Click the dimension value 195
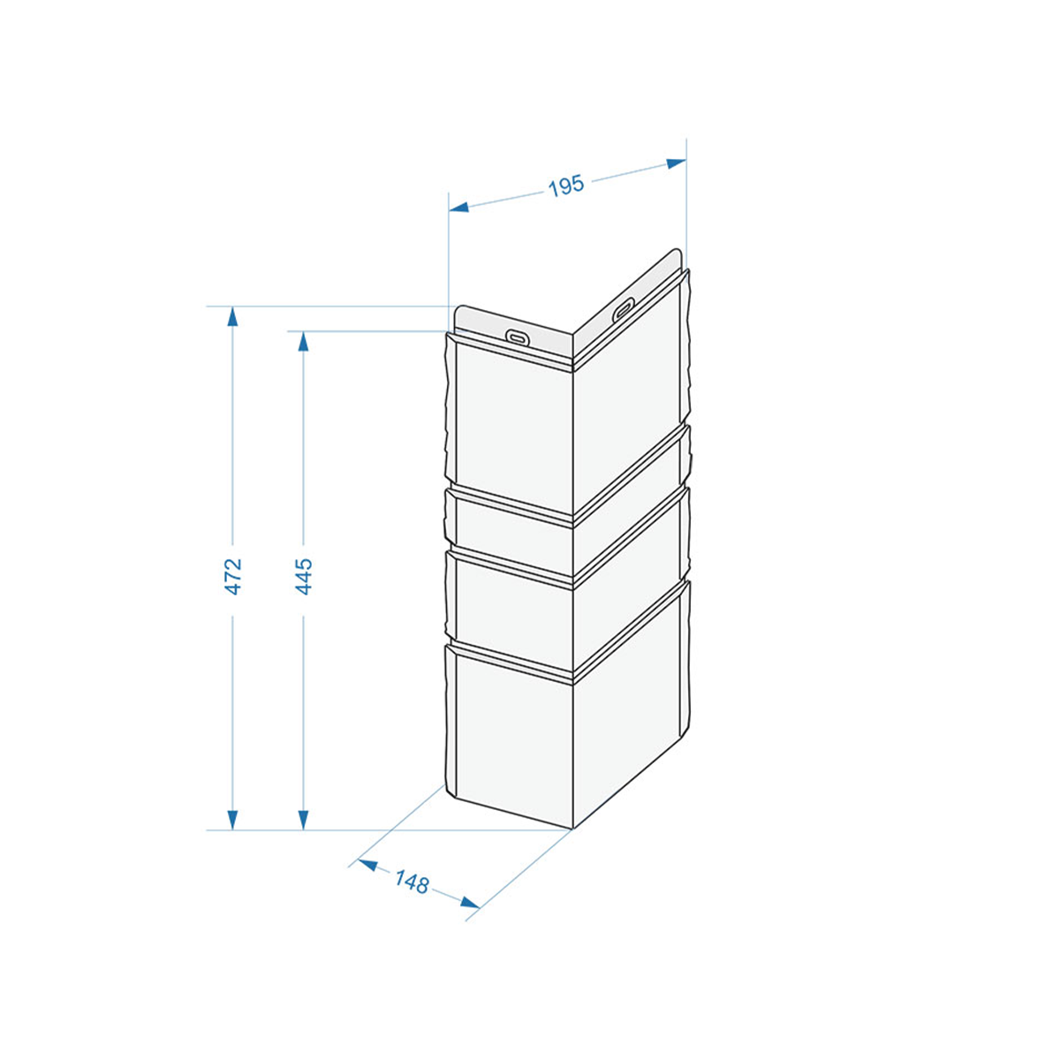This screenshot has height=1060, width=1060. pos(566,185)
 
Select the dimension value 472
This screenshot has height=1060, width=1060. pos(233,577)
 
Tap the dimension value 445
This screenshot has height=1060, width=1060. pos(304,577)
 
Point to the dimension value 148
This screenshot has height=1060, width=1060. pos(412,882)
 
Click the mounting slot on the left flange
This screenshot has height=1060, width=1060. pos(517,337)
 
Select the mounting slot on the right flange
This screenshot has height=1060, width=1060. pos(623,309)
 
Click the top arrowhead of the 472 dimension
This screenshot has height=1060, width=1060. pos(232,317)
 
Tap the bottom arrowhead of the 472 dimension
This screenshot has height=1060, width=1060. pos(232,820)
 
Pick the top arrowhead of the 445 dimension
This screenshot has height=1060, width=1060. pos(303,342)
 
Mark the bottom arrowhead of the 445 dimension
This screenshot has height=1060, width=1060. pos(303,820)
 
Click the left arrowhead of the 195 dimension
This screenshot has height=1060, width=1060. pos(458,208)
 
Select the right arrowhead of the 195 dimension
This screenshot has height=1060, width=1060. pos(677,163)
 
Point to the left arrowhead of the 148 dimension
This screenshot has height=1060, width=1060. pos(367,866)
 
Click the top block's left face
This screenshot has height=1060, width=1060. pos(515,429)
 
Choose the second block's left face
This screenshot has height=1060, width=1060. pos(515,538)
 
